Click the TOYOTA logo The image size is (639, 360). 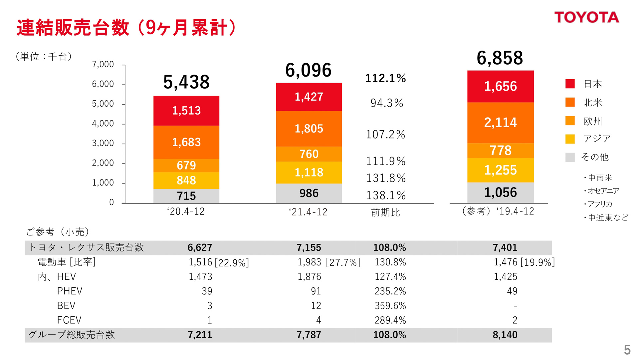click(x=586, y=17)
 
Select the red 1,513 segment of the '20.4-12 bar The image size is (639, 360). click(x=186, y=111)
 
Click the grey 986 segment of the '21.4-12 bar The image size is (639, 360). click(x=309, y=193)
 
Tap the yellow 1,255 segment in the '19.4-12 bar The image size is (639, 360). click(x=500, y=170)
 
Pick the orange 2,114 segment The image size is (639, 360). click(x=500, y=123)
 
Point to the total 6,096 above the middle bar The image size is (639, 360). click(x=308, y=70)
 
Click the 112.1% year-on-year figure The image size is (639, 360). click(x=385, y=78)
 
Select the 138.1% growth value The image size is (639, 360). click(x=386, y=195)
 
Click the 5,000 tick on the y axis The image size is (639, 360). click(x=103, y=104)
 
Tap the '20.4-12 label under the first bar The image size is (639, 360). click(x=186, y=211)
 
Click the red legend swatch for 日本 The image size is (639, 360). click(x=570, y=84)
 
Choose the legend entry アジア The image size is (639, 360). click(x=597, y=139)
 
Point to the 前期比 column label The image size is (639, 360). click(x=385, y=212)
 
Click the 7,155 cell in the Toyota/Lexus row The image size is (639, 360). click(x=309, y=247)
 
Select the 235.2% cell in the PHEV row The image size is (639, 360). click(x=390, y=291)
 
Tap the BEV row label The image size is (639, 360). click(x=66, y=305)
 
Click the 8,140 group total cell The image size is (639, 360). click(x=505, y=335)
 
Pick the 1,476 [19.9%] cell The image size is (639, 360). click(x=524, y=262)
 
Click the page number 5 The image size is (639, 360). click(x=627, y=350)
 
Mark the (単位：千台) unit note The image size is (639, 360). click(x=44, y=56)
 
